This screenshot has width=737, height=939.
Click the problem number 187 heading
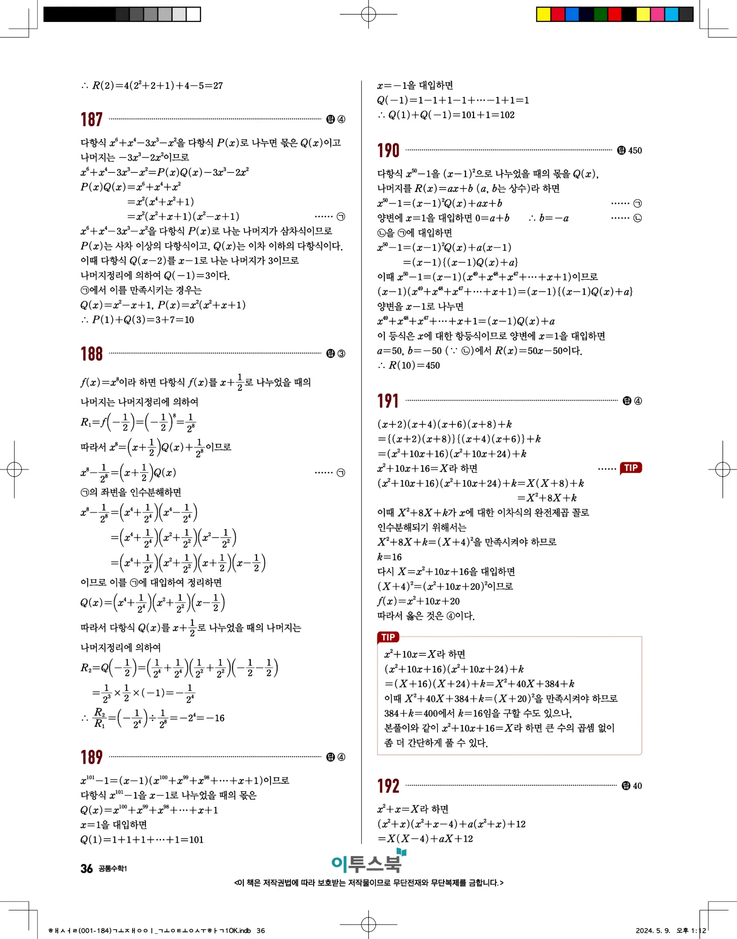tap(91, 120)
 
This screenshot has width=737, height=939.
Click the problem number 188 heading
tap(91, 354)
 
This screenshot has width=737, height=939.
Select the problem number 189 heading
tap(91, 757)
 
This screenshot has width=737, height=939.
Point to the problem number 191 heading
tap(388, 401)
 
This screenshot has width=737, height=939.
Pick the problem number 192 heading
tap(388, 786)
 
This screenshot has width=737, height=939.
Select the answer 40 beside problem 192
tap(637, 786)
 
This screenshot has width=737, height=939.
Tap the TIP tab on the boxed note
tap(388, 637)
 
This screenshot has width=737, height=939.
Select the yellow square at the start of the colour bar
tap(543, 14)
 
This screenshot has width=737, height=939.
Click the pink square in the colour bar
tap(657, 14)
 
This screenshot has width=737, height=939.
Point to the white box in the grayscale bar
tap(193, 14)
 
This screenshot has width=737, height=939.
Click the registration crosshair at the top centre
tap(368, 14)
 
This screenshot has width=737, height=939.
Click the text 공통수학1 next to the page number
tap(113, 869)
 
